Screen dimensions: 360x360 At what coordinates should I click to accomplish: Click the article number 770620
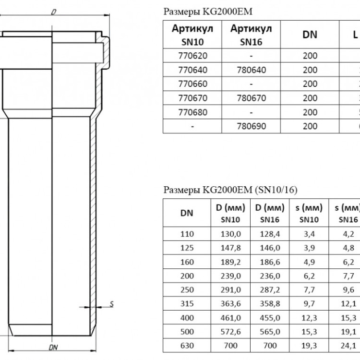pyautogui.click(x=192, y=56)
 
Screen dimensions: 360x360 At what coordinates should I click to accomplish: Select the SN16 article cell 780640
pyautogui.click(x=251, y=70)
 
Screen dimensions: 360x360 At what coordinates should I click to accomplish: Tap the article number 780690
pyautogui.click(x=251, y=126)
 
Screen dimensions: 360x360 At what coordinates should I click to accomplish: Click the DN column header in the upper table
pyautogui.click(x=310, y=35)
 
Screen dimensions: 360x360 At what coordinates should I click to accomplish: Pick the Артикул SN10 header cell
pyautogui.click(x=192, y=35)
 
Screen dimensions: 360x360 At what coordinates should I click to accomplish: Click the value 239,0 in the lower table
pyautogui.click(x=230, y=276)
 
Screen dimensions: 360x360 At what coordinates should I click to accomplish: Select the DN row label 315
pyautogui.click(x=187, y=304)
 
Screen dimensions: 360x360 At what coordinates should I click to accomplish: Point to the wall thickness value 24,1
pyautogui.click(x=348, y=346)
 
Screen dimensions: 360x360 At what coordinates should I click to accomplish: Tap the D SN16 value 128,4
pyautogui.click(x=270, y=234)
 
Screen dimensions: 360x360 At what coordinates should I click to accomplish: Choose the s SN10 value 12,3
pyautogui.click(x=309, y=318)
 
